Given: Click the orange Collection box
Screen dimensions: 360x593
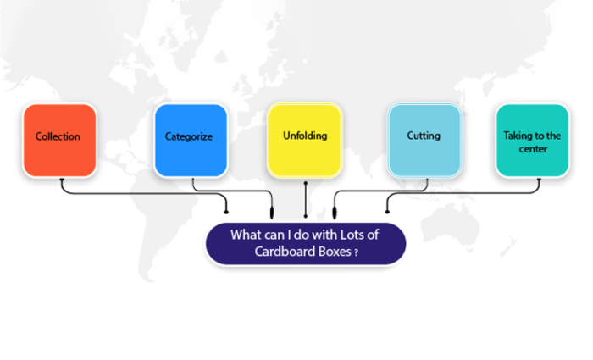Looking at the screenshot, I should [x=59, y=140].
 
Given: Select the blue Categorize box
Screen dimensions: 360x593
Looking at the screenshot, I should [x=190, y=140].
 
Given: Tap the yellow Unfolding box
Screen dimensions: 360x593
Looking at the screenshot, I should [x=305, y=140].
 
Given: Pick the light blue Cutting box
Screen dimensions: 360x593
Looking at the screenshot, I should [x=424, y=140].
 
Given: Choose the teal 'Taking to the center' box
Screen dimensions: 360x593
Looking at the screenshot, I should [x=531, y=140].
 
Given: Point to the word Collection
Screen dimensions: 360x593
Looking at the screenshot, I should [x=58, y=136].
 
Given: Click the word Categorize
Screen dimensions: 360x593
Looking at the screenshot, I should [x=189, y=136].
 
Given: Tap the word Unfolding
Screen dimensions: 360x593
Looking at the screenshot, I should [x=305, y=135].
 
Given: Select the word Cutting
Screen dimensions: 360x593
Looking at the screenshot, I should [x=424, y=136].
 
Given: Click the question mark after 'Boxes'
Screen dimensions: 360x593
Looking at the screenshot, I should [x=356, y=252].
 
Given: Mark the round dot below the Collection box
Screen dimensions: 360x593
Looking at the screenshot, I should [x=62, y=180].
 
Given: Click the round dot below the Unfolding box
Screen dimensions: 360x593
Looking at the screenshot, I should [x=305, y=181].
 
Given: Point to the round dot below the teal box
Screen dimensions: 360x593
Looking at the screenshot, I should [x=539, y=180].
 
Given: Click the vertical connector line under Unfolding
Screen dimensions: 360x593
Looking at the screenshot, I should [x=305, y=199].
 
